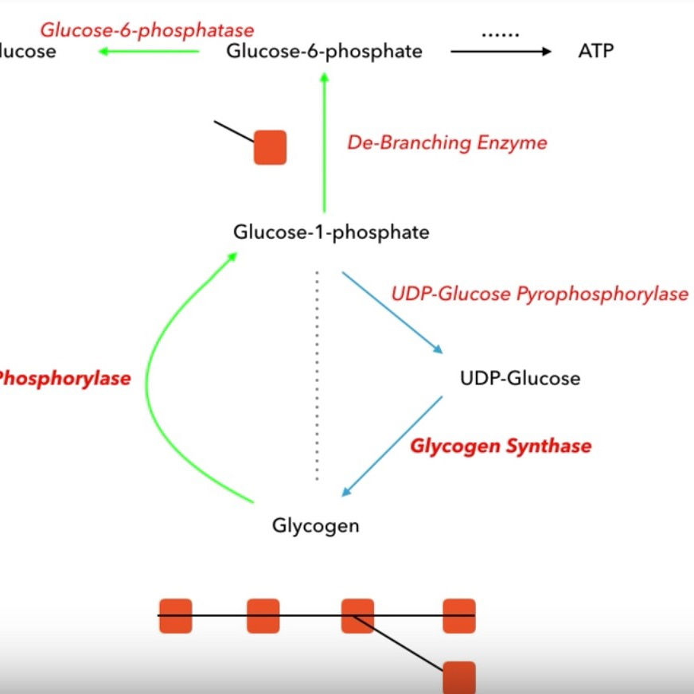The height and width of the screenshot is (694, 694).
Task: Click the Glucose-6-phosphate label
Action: [324, 52]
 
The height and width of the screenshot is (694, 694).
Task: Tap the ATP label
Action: [595, 52]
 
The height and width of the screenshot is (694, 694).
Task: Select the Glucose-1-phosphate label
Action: [331, 232]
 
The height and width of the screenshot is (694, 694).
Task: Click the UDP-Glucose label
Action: [520, 378]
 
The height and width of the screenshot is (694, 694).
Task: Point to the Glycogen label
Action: [315, 526]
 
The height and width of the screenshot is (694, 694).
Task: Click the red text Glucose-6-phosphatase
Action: [147, 30]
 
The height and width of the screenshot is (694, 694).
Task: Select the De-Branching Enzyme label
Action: [447, 143]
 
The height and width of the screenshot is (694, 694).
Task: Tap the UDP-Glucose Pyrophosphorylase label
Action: [540, 294]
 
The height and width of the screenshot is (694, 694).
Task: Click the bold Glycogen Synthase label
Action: [501, 446]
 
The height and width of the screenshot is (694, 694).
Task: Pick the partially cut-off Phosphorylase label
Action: [64, 379]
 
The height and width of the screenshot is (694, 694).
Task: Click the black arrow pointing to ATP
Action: [500, 52]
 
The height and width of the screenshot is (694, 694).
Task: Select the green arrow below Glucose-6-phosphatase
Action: [149, 52]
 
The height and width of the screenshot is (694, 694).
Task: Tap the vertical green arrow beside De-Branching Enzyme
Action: [325, 143]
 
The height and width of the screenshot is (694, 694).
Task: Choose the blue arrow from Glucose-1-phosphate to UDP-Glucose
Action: [392, 313]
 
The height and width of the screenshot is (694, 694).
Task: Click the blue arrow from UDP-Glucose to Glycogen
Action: [392, 446]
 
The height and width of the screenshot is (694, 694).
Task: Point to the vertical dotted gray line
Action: [317, 374]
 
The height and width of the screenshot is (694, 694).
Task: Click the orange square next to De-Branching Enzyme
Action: [270, 148]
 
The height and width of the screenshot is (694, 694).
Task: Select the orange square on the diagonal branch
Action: [459, 676]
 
